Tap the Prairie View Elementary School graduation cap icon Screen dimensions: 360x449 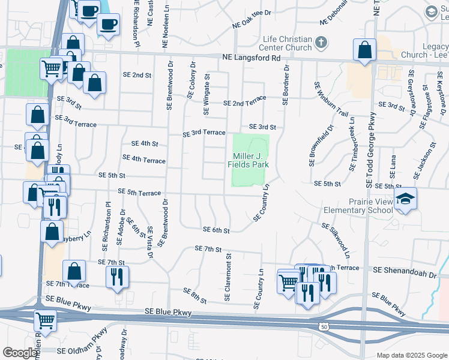(x=406, y=197)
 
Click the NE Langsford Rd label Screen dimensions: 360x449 (x=251, y=58)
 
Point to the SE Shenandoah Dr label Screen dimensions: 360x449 (x=406, y=273)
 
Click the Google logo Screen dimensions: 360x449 (x=19, y=353)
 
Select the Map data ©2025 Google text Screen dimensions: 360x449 (x=411, y=355)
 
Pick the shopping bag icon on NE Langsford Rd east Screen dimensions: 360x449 (x=364, y=50)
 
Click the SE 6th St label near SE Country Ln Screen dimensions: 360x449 (x=217, y=230)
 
